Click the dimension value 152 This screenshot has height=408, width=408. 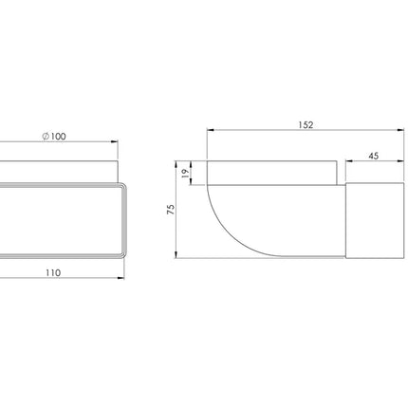coord(306,125)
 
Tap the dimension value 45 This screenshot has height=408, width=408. coord(374,156)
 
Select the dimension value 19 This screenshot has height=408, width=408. coord(185,173)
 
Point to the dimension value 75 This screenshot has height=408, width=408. coord(171,210)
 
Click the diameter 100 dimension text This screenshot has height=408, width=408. coord(54,137)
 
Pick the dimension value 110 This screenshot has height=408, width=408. coord(53,272)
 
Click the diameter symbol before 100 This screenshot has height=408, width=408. coord(46,137)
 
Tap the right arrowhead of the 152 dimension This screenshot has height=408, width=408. coord(400,130)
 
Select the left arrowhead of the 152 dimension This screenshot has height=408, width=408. coord(211,130)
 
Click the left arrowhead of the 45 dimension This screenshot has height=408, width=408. coord(349,161)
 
